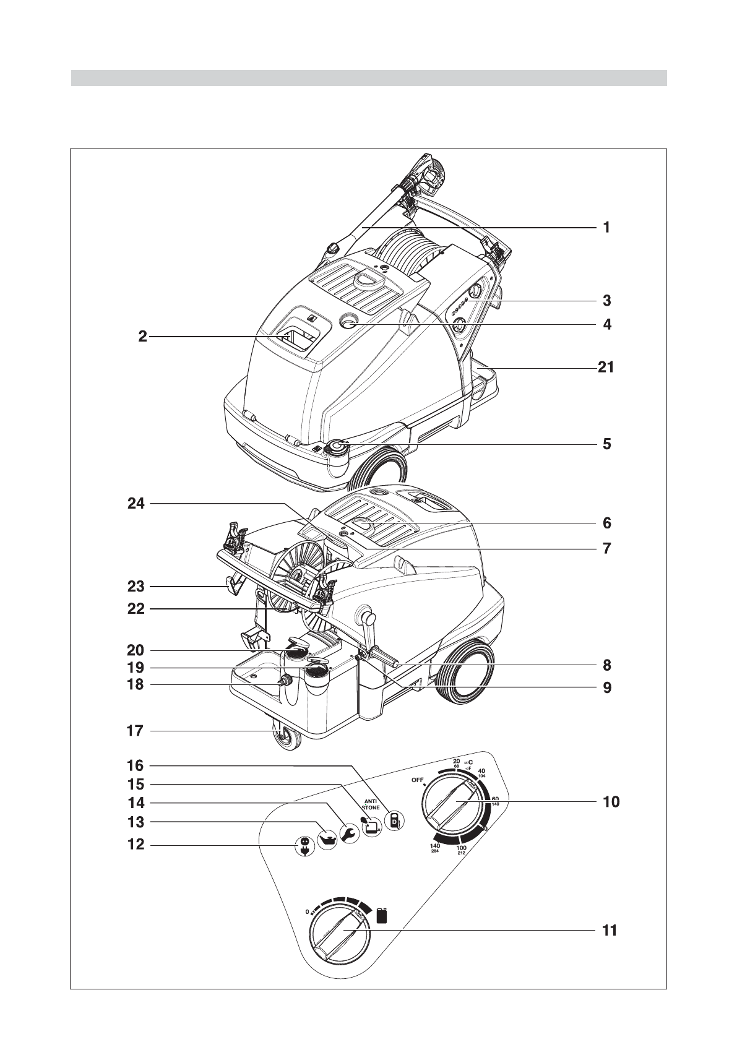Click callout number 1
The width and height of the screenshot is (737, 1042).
(606, 228)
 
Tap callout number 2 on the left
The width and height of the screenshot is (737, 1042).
(142, 337)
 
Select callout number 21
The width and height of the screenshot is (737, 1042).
(606, 368)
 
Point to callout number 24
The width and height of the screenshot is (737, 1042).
(136, 504)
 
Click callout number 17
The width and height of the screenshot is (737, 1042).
(136, 731)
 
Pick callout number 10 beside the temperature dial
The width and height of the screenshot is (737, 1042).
(611, 802)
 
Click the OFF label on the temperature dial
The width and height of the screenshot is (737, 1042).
(417, 780)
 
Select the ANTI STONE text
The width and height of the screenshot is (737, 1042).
(371, 804)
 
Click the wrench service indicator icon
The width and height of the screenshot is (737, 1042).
(348, 834)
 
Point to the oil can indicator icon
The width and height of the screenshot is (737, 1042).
(327, 840)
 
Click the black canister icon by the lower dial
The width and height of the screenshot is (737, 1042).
(382, 915)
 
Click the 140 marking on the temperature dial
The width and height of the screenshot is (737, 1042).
(435, 847)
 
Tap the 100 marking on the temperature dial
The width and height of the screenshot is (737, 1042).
(461, 850)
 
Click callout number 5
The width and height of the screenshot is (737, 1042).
(606, 444)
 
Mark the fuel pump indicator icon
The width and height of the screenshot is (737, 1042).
(393, 821)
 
